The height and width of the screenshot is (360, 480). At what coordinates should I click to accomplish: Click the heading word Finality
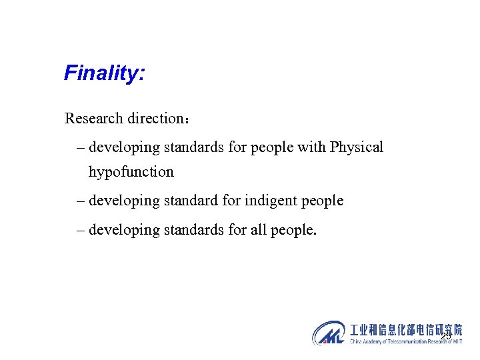click(104, 73)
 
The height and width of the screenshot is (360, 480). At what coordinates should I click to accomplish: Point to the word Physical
click(357, 147)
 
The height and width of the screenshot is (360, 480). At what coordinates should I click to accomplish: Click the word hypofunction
click(131, 171)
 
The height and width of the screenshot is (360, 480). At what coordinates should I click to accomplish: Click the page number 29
click(445, 335)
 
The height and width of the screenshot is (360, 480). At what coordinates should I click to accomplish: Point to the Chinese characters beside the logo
click(406, 329)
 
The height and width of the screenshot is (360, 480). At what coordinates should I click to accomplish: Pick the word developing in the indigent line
click(123, 200)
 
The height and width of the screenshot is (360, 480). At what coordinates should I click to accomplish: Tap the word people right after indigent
click(321, 200)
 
